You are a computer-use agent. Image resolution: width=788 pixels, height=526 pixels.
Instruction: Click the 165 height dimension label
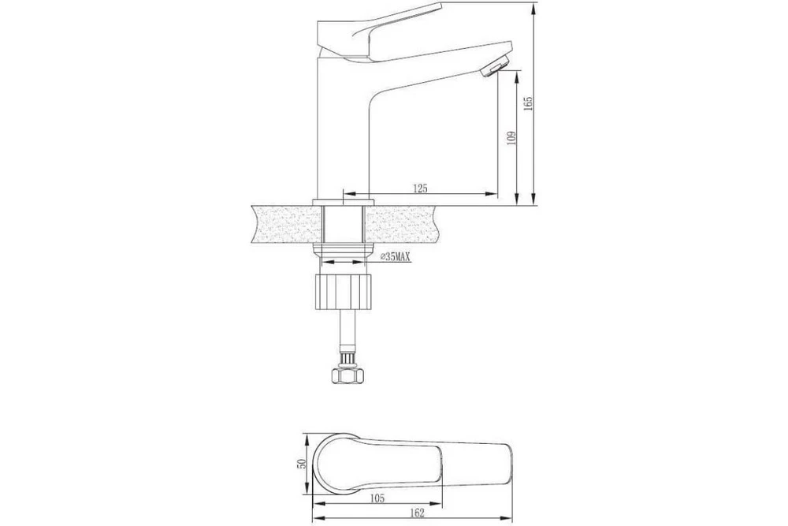point(528,103)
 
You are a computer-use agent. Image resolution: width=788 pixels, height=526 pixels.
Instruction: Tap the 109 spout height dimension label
point(511,138)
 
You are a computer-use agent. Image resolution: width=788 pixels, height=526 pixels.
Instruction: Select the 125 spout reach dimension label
point(420,188)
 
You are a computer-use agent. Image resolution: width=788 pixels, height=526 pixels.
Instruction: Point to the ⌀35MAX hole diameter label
point(395,257)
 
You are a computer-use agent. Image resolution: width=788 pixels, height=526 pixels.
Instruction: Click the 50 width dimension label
point(302,464)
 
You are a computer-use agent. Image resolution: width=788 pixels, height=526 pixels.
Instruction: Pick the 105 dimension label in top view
point(377,498)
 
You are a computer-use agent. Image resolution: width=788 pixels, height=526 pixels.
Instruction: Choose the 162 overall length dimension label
point(417,513)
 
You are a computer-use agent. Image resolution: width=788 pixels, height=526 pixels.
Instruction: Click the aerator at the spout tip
point(495,66)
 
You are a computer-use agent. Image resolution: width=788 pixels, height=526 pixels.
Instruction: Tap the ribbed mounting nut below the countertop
point(344,292)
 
